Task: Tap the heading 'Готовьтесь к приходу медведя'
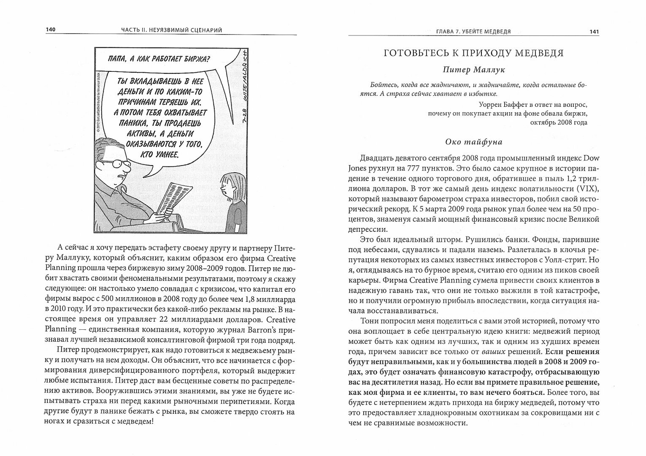click(x=473, y=53)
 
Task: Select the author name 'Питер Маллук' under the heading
click(x=473, y=69)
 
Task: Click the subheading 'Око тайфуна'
click(x=473, y=142)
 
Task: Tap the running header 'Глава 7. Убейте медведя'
click(x=473, y=32)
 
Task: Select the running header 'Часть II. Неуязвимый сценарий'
click(x=171, y=30)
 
